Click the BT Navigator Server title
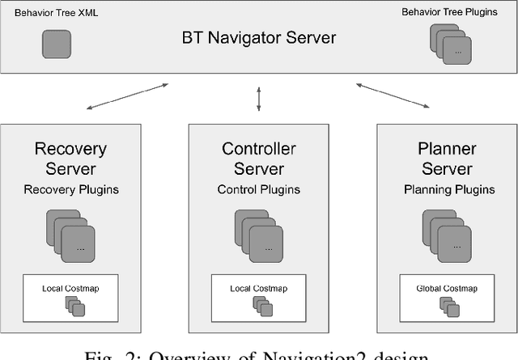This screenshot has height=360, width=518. click(x=259, y=37)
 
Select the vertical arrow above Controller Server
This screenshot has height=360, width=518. click(x=259, y=99)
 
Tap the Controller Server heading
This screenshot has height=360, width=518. click(x=259, y=159)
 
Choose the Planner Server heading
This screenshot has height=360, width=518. click(x=448, y=159)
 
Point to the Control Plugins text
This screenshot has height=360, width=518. click(x=259, y=189)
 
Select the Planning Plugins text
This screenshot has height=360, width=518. click(x=448, y=189)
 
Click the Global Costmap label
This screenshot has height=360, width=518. click(x=448, y=288)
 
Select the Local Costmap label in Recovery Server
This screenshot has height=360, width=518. click(x=70, y=288)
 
